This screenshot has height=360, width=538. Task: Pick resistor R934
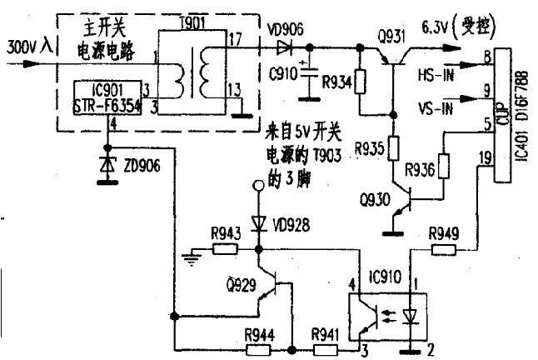point(360,82)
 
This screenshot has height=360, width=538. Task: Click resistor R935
point(391,149)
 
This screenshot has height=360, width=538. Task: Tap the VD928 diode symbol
point(257,222)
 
